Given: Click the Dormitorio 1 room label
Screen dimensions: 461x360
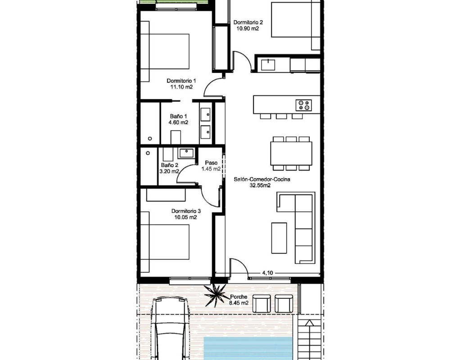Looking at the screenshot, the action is tap(181, 81).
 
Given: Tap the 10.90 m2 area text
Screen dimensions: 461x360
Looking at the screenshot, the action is tap(248, 28).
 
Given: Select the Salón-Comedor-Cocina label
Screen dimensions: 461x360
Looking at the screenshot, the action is tap(262, 179).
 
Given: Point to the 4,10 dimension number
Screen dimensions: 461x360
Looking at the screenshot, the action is tap(267, 273).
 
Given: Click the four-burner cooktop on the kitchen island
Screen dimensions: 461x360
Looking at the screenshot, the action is tap(304, 105).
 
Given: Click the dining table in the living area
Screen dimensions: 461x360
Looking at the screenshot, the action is tap(291, 153).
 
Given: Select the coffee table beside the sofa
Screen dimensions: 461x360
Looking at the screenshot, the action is tap(279, 238).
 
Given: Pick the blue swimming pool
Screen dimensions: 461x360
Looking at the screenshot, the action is tap(248, 348).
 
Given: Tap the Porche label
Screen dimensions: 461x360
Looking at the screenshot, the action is tap(239, 297).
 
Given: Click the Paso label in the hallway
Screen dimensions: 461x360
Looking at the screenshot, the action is tap(211, 162).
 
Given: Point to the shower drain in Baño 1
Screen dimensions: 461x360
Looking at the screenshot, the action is tap(150, 139).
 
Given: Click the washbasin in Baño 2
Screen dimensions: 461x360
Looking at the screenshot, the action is tap(186, 153).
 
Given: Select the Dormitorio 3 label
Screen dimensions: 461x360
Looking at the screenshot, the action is tap(186, 211).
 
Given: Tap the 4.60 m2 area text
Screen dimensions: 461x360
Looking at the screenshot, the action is tap(178, 122).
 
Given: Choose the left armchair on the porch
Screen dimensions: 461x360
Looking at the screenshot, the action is tap(262, 304).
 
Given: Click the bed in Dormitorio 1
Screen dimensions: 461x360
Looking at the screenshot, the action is tap(165, 51).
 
